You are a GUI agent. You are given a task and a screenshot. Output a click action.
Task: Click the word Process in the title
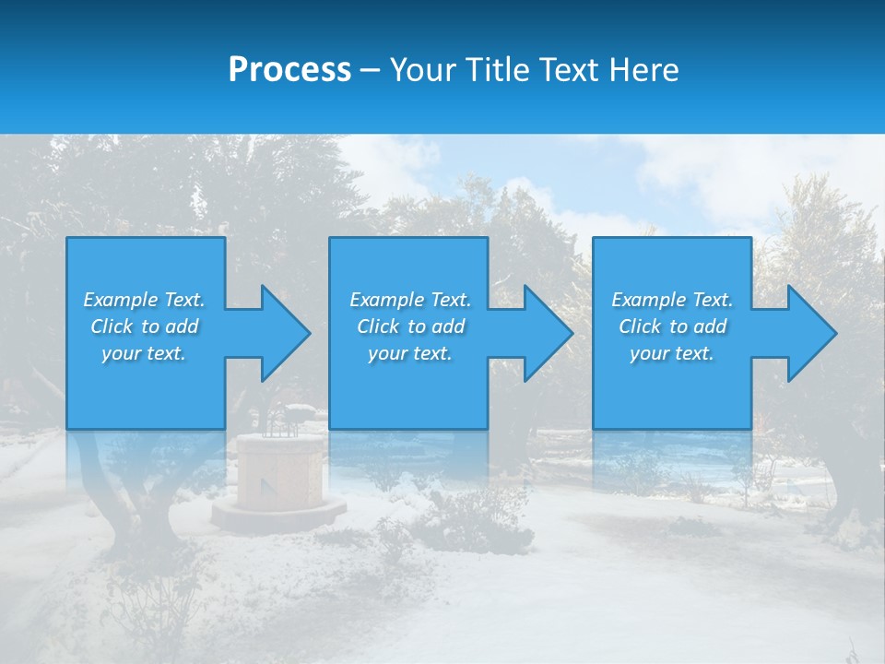(x=289, y=70)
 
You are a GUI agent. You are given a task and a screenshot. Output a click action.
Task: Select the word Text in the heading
(x=570, y=70)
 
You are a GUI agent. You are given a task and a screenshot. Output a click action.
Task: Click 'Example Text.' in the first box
(x=144, y=300)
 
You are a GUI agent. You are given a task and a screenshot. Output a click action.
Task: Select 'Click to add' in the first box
(x=144, y=326)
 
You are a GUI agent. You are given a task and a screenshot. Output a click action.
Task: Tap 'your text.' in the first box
(x=144, y=353)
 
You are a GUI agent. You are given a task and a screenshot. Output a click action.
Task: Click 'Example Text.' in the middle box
(x=410, y=300)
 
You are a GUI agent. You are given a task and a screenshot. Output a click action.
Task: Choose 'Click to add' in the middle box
(x=410, y=326)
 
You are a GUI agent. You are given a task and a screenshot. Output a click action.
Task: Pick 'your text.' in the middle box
(x=410, y=353)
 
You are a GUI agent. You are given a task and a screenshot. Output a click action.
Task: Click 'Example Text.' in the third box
(x=672, y=300)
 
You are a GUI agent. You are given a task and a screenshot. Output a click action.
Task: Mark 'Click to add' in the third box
(x=672, y=326)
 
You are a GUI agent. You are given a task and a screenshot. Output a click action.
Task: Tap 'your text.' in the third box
(x=672, y=353)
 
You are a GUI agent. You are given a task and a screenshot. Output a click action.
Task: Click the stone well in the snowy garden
(x=280, y=466)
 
